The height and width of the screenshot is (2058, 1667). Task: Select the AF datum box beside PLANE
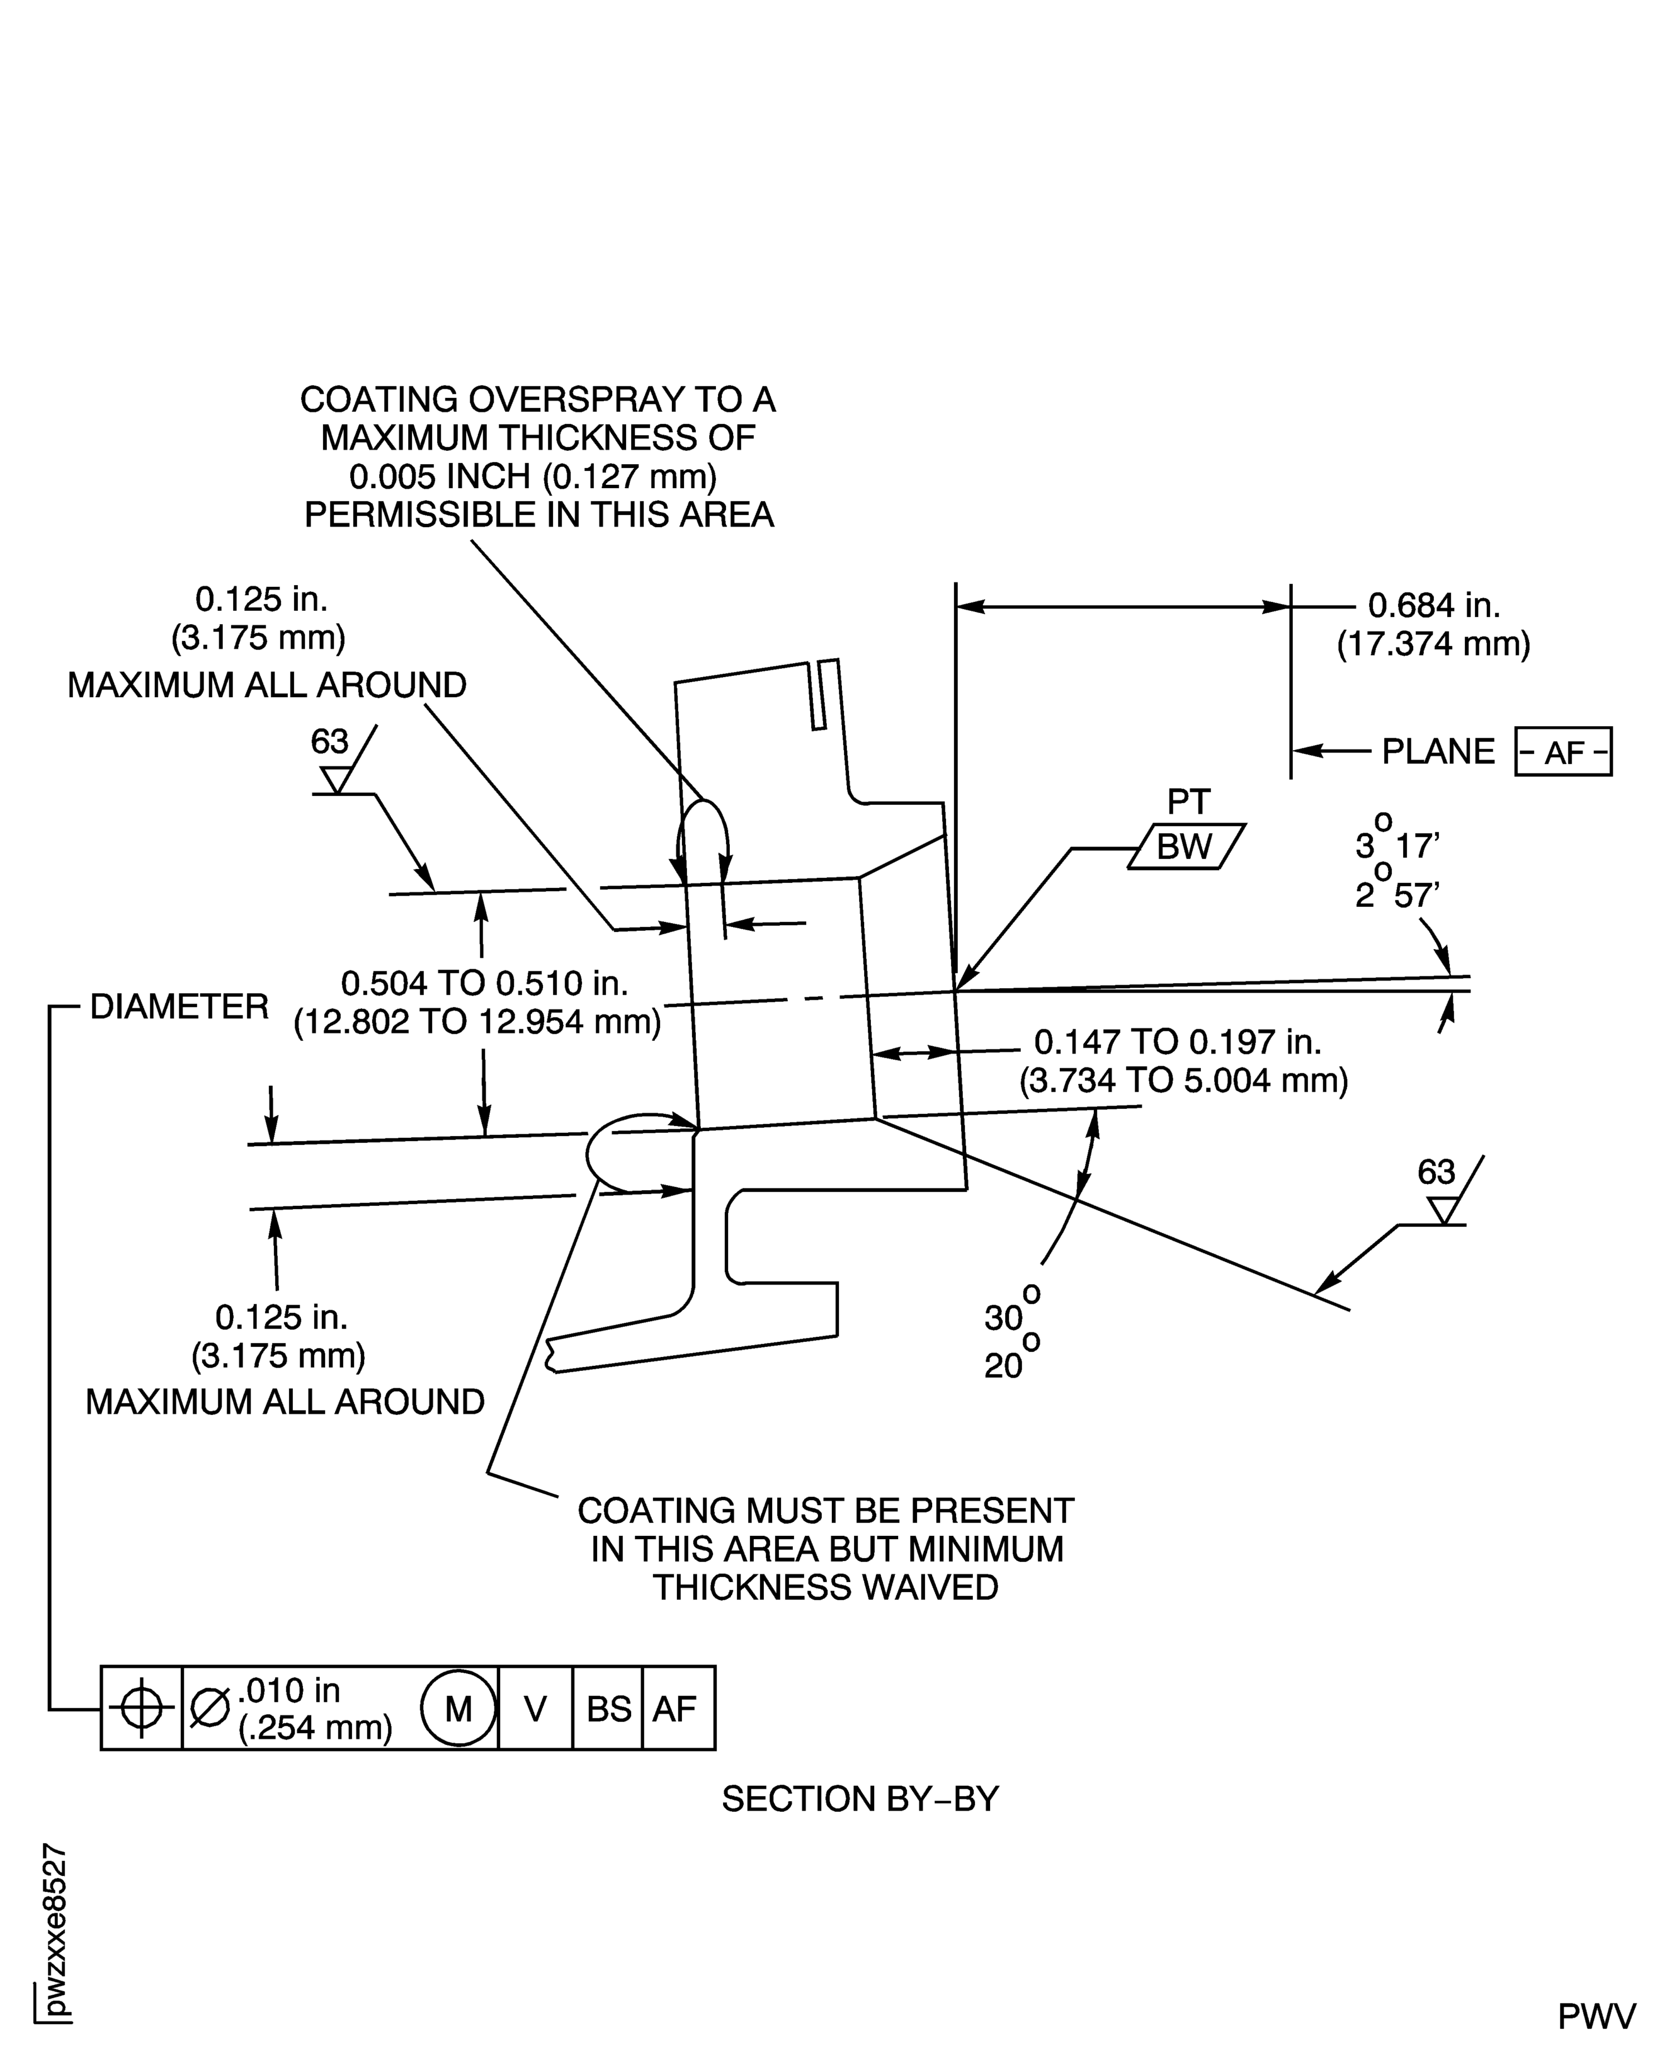pyautogui.click(x=1562, y=752)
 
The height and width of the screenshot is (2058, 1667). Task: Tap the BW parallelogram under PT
pyautogui.click(x=1185, y=847)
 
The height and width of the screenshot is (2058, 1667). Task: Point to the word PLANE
pyautogui.click(x=1438, y=752)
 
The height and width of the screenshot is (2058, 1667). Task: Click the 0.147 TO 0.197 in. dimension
pyautogui.click(x=1177, y=1042)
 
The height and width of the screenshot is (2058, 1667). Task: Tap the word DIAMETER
pyautogui.click(x=179, y=1008)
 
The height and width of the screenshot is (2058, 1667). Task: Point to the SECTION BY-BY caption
pyautogui.click(x=860, y=1799)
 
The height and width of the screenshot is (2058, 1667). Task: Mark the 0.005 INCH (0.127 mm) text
pyautogui.click(x=533, y=476)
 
